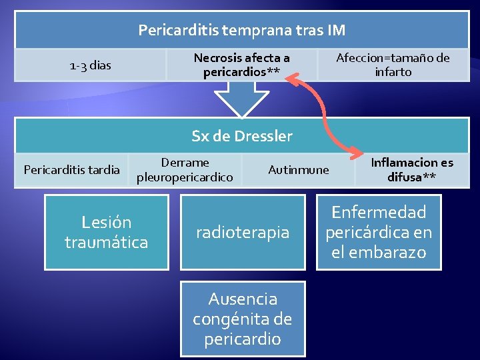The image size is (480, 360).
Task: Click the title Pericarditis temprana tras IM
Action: (241, 30)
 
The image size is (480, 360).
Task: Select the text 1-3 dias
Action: (91, 65)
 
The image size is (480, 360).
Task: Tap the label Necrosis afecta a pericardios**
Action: (241, 65)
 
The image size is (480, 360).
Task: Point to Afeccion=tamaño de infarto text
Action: (393, 65)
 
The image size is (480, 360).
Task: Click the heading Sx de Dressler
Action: (241, 136)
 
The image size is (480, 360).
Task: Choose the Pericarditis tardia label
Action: (72, 169)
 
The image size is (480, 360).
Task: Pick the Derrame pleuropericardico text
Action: (185, 170)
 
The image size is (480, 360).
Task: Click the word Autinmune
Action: (298, 170)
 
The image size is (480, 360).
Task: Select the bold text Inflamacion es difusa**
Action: (411, 170)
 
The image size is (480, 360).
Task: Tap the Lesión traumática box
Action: (106, 232)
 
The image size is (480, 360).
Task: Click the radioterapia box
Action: (242, 232)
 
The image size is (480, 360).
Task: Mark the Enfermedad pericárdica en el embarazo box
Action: (378, 232)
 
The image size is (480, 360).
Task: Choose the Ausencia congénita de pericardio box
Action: (242, 319)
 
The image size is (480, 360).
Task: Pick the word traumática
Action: (106, 242)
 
